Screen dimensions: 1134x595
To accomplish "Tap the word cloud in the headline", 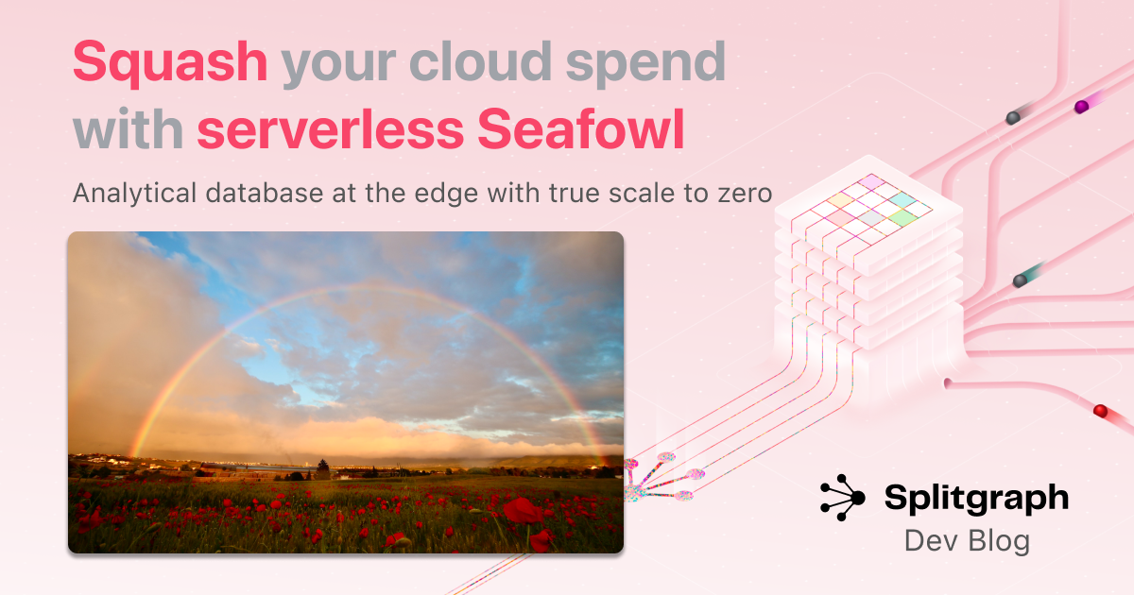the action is [480, 61].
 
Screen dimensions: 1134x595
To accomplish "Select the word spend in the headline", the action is [645, 64].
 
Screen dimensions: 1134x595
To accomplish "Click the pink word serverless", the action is [330, 130].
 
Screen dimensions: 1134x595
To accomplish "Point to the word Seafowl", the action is [580, 128].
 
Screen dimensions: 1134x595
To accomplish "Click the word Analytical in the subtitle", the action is [134, 194].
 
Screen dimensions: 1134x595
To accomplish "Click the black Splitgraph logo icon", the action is [842, 498].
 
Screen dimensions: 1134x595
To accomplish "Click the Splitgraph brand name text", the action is [976, 499].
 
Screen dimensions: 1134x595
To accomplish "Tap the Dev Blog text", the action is [967, 541].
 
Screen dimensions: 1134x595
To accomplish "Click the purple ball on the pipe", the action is [1081, 107].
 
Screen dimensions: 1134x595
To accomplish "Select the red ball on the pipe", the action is [1101, 410].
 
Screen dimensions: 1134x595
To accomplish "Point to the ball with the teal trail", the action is [1020, 280].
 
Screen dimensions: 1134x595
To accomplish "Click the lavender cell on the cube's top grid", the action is [871, 181].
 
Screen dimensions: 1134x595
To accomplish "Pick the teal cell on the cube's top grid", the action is [902, 200].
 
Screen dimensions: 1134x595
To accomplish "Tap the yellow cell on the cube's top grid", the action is [840, 200].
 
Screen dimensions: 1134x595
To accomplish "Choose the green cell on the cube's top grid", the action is [902, 217].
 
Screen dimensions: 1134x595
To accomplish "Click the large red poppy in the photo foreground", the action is [523, 510].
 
